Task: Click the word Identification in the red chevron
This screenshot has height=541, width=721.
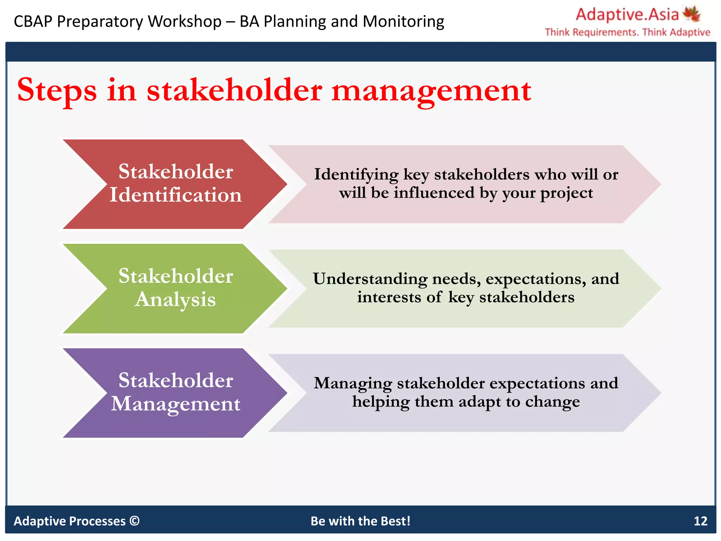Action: [x=176, y=195]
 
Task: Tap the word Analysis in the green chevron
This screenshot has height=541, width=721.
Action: [x=175, y=300]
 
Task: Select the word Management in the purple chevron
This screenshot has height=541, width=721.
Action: [x=176, y=404]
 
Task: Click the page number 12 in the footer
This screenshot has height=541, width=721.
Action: [x=700, y=521]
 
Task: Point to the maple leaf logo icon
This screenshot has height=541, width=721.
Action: [x=691, y=14]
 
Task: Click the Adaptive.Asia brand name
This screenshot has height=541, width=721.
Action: [x=627, y=15]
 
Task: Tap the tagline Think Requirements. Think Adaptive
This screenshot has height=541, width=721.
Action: [x=627, y=32]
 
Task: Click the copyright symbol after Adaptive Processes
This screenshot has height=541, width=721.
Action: [x=134, y=521]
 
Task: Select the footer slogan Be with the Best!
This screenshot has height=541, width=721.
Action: [x=360, y=521]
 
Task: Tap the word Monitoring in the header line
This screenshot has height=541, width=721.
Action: [x=403, y=21]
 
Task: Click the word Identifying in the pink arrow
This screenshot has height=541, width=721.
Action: [x=356, y=175]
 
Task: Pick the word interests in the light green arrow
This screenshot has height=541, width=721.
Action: [x=389, y=297]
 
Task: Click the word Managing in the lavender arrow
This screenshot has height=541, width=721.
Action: [x=353, y=383]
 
